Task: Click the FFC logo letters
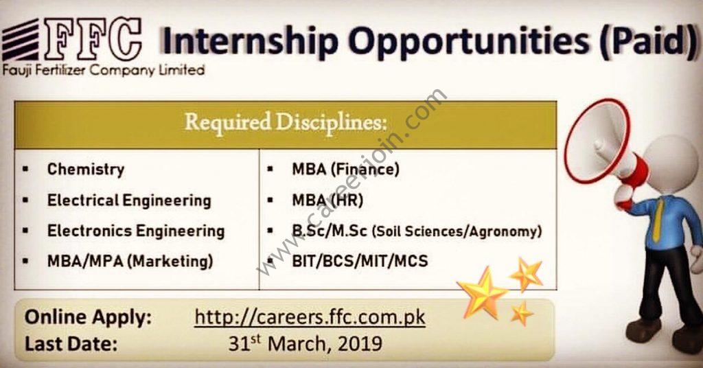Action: click(93, 40)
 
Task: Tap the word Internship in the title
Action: click(249, 42)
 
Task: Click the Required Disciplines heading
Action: click(286, 122)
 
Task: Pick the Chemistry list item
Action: click(86, 170)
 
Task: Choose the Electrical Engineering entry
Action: click(129, 200)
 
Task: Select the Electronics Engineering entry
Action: click(136, 231)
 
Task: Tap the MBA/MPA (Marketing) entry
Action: click(130, 262)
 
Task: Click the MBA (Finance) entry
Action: click(346, 170)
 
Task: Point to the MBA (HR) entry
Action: click(327, 200)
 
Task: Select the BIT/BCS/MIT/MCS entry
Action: click(360, 261)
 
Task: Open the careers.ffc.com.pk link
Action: click(310, 318)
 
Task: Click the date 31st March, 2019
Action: click(306, 344)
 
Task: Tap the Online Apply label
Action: click(89, 317)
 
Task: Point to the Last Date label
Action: click(71, 344)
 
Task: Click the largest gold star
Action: click(483, 294)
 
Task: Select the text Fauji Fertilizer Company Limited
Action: click(103, 71)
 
